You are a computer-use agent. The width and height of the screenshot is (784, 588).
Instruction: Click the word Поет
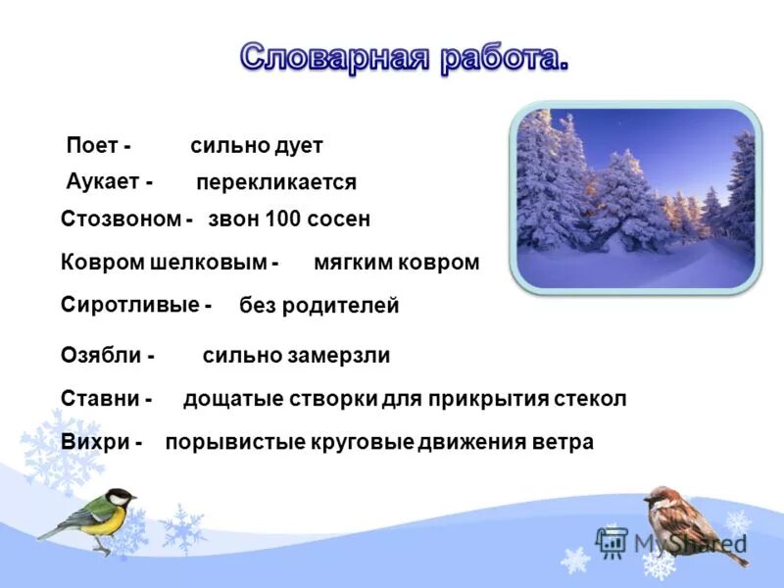[92, 146]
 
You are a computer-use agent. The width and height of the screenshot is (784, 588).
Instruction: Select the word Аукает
[102, 181]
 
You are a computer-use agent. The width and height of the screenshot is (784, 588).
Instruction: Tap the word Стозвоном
[121, 220]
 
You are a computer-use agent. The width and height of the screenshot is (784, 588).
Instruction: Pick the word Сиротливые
[129, 305]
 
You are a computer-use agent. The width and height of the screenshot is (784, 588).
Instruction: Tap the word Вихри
[95, 442]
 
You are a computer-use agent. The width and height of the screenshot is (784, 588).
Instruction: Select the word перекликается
[276, 182]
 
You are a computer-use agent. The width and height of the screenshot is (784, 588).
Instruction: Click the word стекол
[593, 399]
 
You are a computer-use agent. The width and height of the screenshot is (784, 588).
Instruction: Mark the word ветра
[562, 442]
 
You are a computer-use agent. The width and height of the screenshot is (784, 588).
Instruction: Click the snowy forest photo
[634, 196]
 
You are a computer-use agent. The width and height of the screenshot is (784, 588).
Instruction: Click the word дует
[300, 146]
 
